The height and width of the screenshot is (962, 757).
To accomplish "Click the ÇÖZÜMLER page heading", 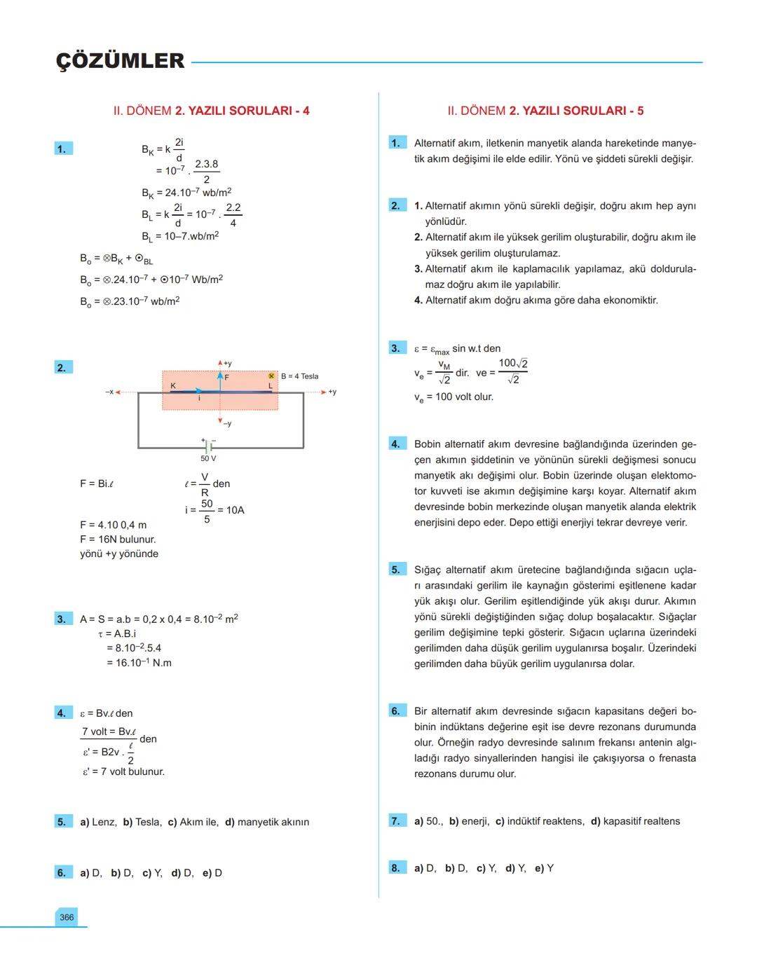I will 120,61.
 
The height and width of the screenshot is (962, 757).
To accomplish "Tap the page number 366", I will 67,917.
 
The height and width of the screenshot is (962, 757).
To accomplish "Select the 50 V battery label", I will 208,458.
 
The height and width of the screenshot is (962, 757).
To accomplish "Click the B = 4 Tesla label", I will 299,376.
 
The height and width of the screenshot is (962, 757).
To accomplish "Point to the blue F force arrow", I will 220,381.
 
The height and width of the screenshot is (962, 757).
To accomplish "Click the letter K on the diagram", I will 173,386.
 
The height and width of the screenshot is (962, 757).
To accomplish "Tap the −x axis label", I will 109,392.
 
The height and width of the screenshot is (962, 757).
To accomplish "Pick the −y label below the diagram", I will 226,423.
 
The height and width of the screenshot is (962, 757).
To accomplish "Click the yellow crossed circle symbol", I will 271,376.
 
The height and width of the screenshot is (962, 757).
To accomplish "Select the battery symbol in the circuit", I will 208,445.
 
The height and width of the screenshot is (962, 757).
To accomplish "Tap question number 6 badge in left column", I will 62,872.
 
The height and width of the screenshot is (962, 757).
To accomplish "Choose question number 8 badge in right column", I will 396,868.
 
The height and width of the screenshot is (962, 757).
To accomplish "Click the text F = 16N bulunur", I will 118,540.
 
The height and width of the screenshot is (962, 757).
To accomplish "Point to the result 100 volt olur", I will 453,397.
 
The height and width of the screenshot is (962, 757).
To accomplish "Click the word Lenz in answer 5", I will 104,822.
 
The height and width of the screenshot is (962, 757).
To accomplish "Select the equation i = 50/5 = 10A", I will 214,510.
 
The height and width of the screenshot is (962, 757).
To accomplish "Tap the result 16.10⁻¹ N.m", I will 139,663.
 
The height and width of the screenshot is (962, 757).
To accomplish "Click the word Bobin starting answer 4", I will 428,444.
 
